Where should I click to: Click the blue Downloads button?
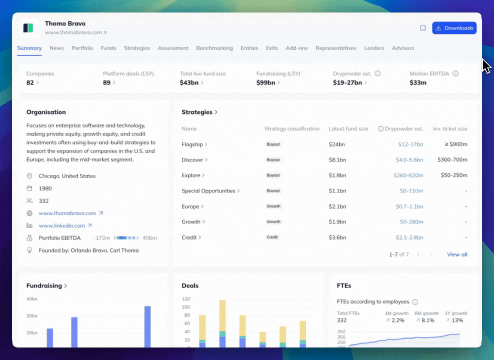tap(454, 28)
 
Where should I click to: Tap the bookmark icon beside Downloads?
tap(423, 28)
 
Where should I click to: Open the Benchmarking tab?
tap(214, 48)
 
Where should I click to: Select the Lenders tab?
tap(374, 48)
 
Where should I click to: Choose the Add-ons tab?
tap(296, 48)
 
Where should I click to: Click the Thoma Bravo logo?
tap(28, 28)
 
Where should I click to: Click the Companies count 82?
tap(30, 82)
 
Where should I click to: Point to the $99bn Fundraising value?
tap(265, 82)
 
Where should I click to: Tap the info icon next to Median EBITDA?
tap(455, 73)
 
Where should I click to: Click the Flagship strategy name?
tap(192, 144)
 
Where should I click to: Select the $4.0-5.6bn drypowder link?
tap(409, 160)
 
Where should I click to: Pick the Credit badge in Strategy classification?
tap(272, 237)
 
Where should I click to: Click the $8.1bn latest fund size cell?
tap(337, 160)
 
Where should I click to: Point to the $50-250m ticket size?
tap(453, 175)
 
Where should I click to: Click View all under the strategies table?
tap(457, 254)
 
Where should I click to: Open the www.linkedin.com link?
tap(62, 225)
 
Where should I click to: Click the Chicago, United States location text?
tap(67, 176)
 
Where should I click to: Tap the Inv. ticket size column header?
tap(450, 129)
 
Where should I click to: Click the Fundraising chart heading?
tap(44, 285)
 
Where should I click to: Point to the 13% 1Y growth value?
tap(457, 320)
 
